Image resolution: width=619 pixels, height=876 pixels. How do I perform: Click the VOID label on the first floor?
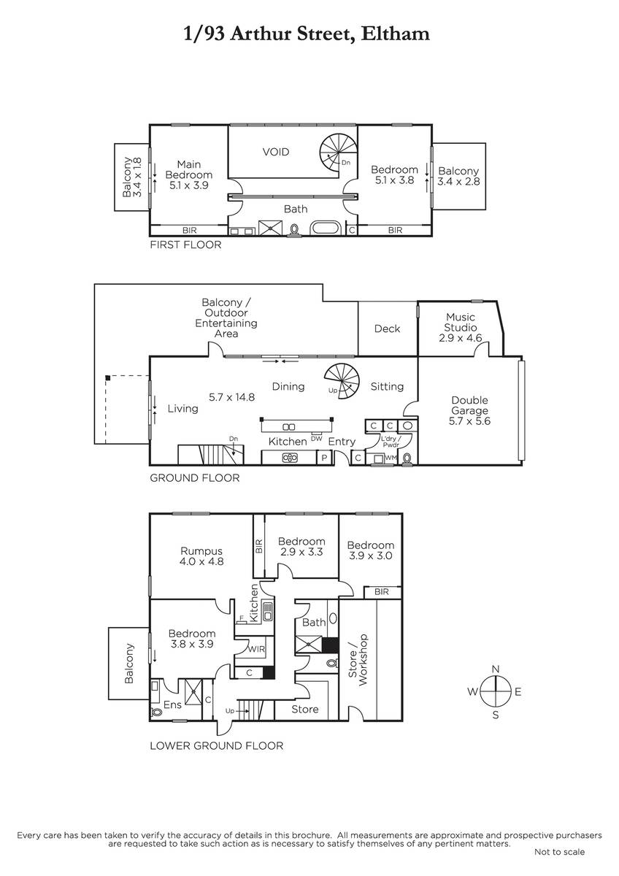point(276,152)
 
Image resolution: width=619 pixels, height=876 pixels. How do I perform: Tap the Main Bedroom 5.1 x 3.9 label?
point(189,174)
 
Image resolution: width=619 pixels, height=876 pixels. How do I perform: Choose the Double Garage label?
point(469,410)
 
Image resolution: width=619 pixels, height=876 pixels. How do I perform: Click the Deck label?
point(387,328)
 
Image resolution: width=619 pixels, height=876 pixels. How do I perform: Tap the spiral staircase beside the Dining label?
point(342,381)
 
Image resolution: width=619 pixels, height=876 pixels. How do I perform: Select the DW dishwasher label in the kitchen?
point(316,439)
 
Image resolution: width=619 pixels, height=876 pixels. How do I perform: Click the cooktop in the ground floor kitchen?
point(290,457)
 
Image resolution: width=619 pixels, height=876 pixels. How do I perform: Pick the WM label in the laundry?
point(391,457)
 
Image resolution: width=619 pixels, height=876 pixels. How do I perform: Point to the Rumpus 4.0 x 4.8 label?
point(201,556)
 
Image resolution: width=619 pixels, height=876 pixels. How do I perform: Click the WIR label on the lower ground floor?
point(256,649)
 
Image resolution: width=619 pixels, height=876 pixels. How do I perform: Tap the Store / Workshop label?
point(358,659)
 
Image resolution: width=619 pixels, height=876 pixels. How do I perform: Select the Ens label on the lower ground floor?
point(172,704)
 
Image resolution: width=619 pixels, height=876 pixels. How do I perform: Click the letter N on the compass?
point(496,669)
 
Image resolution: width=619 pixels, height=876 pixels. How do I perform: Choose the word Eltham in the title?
point(395,34)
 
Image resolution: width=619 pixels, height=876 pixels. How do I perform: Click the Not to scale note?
point(559,852)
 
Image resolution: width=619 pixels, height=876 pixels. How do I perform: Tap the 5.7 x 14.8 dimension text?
point(231,397)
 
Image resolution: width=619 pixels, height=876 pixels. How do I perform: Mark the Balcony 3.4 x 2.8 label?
point(458,176)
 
